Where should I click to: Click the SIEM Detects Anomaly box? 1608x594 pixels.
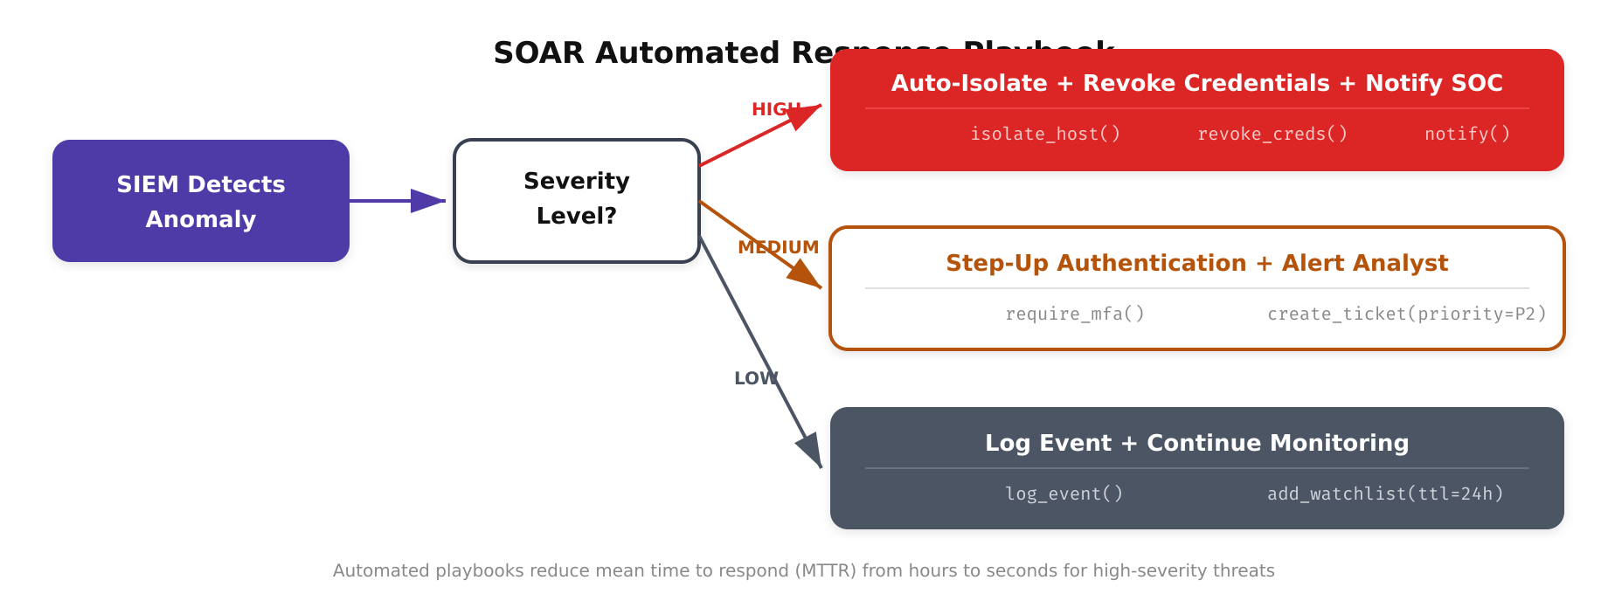[x=201, y=201]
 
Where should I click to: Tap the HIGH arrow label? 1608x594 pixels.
[x=775, y=110]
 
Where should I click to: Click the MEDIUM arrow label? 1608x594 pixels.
[x=778, y=247]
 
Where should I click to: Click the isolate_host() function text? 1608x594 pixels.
[x=1045, y=134]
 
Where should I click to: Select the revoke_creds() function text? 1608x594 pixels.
[x=1272, y=134]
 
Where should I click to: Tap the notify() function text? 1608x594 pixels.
[x=1467, y=134]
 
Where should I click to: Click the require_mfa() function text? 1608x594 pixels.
[x=1075, y=314]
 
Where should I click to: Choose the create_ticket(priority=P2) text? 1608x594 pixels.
[x=1407, y=314]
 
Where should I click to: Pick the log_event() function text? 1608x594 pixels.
[x=1064, y=494]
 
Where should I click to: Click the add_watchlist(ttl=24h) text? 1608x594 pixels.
[x=1385, y=494]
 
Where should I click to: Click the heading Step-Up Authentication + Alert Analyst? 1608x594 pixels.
[x=1196, y=263]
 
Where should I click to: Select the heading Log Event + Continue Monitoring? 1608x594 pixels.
[x=1196, y=443]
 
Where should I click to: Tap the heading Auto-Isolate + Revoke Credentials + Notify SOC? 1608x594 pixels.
[x=1196, y=83]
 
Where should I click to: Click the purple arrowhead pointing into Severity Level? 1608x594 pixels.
[x=428, y=201]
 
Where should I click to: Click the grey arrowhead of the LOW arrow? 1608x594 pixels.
[x=810, y=449]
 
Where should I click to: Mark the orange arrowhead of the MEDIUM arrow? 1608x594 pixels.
[x=805, y=275]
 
